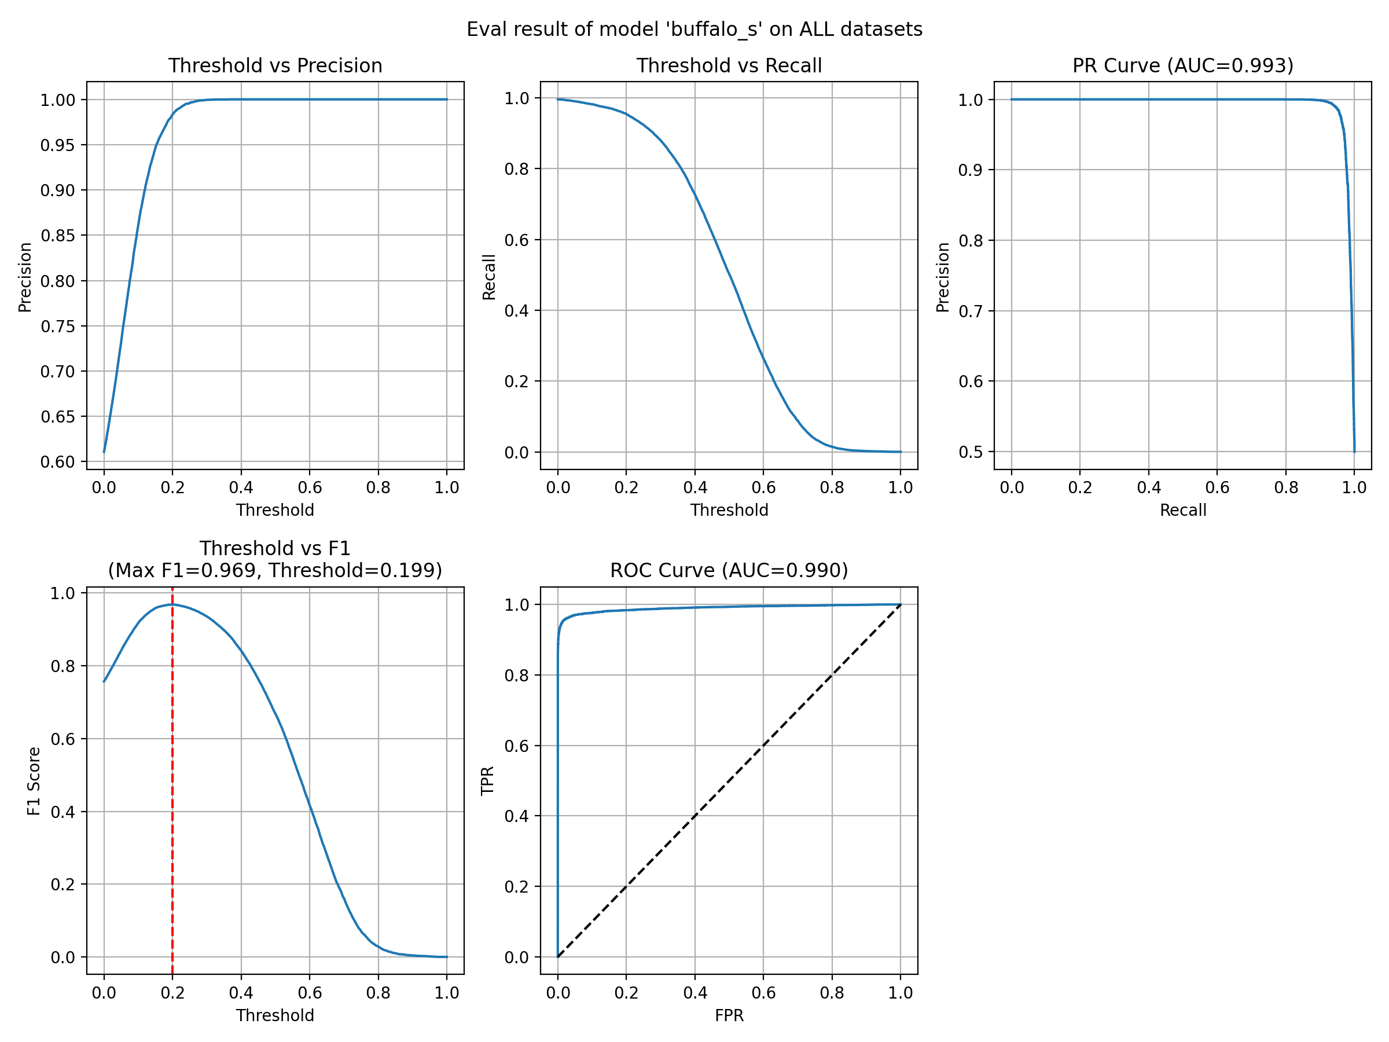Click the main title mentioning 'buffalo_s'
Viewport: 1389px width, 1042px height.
(694, 30)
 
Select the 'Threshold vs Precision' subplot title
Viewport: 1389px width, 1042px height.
(275, 65)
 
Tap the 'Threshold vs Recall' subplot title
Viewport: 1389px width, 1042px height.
(729, 65)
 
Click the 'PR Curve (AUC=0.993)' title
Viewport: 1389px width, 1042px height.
(1183, 65)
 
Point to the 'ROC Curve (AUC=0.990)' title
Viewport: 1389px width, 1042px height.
(729, 570)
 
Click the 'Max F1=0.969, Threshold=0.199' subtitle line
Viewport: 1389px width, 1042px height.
(275, 570)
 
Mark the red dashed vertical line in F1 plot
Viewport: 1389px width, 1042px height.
(172, 781)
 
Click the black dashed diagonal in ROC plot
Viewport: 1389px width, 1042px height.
(729, 781)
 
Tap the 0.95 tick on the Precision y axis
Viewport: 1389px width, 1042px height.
(58, 145)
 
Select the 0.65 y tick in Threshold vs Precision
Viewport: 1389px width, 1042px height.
(58, 416)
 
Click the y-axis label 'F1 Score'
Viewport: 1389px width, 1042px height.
(34, 781)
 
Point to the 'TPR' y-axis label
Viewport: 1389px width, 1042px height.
(487, 781)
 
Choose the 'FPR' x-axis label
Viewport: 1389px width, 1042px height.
(729, 1015)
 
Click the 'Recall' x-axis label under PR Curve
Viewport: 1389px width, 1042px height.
(1183, 510)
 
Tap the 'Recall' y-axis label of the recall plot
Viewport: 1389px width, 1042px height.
(488, 277)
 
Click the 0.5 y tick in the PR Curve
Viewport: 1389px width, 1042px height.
(971, 452)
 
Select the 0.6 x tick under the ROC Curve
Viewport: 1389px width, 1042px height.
(763, 992)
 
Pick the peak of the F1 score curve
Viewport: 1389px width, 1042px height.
(172, 604)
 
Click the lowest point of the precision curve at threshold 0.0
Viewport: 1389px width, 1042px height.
(104, 452)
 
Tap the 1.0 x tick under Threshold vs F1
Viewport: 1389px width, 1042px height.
(447, 992)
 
